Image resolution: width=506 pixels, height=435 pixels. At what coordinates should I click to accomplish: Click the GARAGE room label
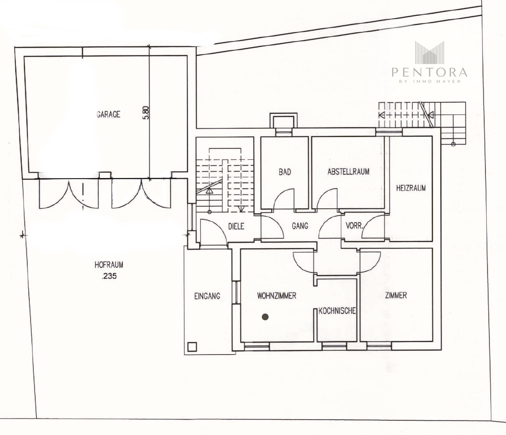(x=109, y=114)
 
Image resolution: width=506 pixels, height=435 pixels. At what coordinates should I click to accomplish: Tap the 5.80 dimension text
(x=145, y=113)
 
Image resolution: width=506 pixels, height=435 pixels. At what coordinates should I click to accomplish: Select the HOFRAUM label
(x=109, y=265)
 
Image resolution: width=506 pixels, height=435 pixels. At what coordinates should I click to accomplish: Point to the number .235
(x=109, y=276)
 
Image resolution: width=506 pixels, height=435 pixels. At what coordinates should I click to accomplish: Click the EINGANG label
(x=207, y=296)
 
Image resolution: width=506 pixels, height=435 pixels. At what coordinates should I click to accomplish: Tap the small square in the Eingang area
(x=192, y=347)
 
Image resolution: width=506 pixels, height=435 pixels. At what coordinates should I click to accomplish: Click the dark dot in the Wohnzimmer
(x=265, y=317)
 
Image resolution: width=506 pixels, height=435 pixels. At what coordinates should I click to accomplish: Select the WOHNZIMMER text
(x=277, y=296)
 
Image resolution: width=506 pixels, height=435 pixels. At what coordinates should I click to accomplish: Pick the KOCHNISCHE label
(x=337, y=311)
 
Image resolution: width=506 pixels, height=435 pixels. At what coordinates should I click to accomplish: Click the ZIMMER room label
(x=396, y=295)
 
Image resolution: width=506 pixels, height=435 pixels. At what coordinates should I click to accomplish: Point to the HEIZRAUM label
(x=411, y=188)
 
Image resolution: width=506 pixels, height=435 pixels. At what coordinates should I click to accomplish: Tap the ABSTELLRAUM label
(x=348, y=172)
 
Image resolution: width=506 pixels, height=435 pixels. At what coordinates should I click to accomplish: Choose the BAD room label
(x=285, y=172)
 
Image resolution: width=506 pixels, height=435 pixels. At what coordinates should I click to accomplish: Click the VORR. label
(x=354, y=225)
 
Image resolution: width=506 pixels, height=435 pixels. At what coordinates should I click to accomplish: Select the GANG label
(x=300, y=226)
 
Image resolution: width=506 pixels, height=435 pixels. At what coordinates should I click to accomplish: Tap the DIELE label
(x=236, y=226)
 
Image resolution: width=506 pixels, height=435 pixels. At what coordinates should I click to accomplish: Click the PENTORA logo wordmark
(x=429, y=72)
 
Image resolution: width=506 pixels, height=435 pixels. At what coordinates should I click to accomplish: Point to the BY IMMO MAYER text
(x=430, y=81)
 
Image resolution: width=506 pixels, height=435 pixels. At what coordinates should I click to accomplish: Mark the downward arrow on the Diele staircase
(x=241, y=209)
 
